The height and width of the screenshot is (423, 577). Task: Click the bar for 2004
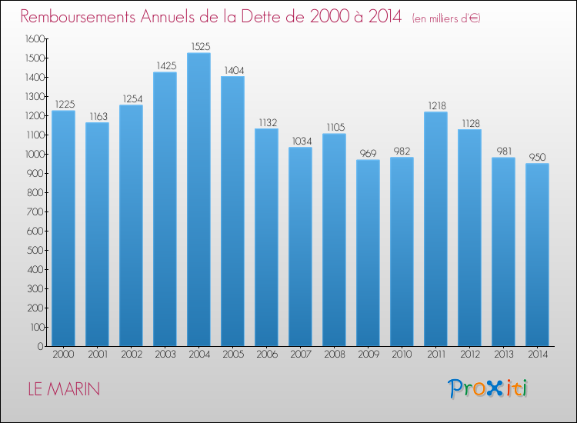(x=198, y=200)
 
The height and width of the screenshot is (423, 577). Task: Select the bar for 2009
(x=368, y=253)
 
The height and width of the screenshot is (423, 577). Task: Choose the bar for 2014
(x=537, y=255)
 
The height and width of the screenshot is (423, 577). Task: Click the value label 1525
(x=198, y=46)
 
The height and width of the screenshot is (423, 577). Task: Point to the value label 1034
(x=300, y=141)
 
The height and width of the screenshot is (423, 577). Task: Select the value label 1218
(x=435, y=105)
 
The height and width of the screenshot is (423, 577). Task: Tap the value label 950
(x=537, y=157)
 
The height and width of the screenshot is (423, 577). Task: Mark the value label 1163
(x=97, y=116)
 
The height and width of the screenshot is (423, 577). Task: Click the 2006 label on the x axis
(x=266, y=355)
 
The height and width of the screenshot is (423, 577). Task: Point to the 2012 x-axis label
(x=469, y=355)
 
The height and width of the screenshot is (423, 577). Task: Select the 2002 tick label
(x=131, y=355)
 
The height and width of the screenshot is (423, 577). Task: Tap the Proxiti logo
(x=489, y=388)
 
